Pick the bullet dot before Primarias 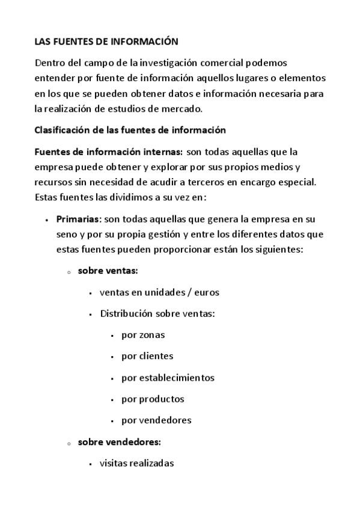pos(46,220)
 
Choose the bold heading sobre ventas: pos(108,271)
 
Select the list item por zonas pos(143,335)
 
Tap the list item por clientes pos(147,356)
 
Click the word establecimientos pos(177,378)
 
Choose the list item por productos pos(153,399)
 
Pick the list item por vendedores pos(156,420)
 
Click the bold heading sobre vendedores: pos(119,441)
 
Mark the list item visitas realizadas pos(136,463)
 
